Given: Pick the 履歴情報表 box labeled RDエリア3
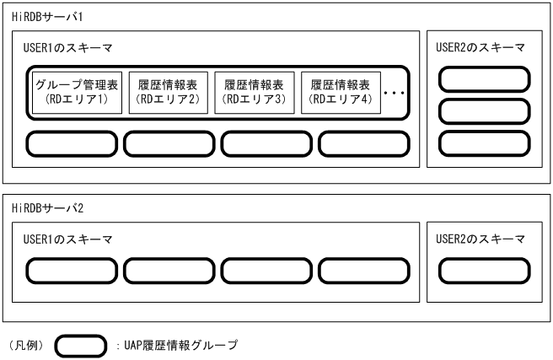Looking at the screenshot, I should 254,91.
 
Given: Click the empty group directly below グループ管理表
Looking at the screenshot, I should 72,143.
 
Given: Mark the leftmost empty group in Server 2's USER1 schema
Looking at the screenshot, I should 72,271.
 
